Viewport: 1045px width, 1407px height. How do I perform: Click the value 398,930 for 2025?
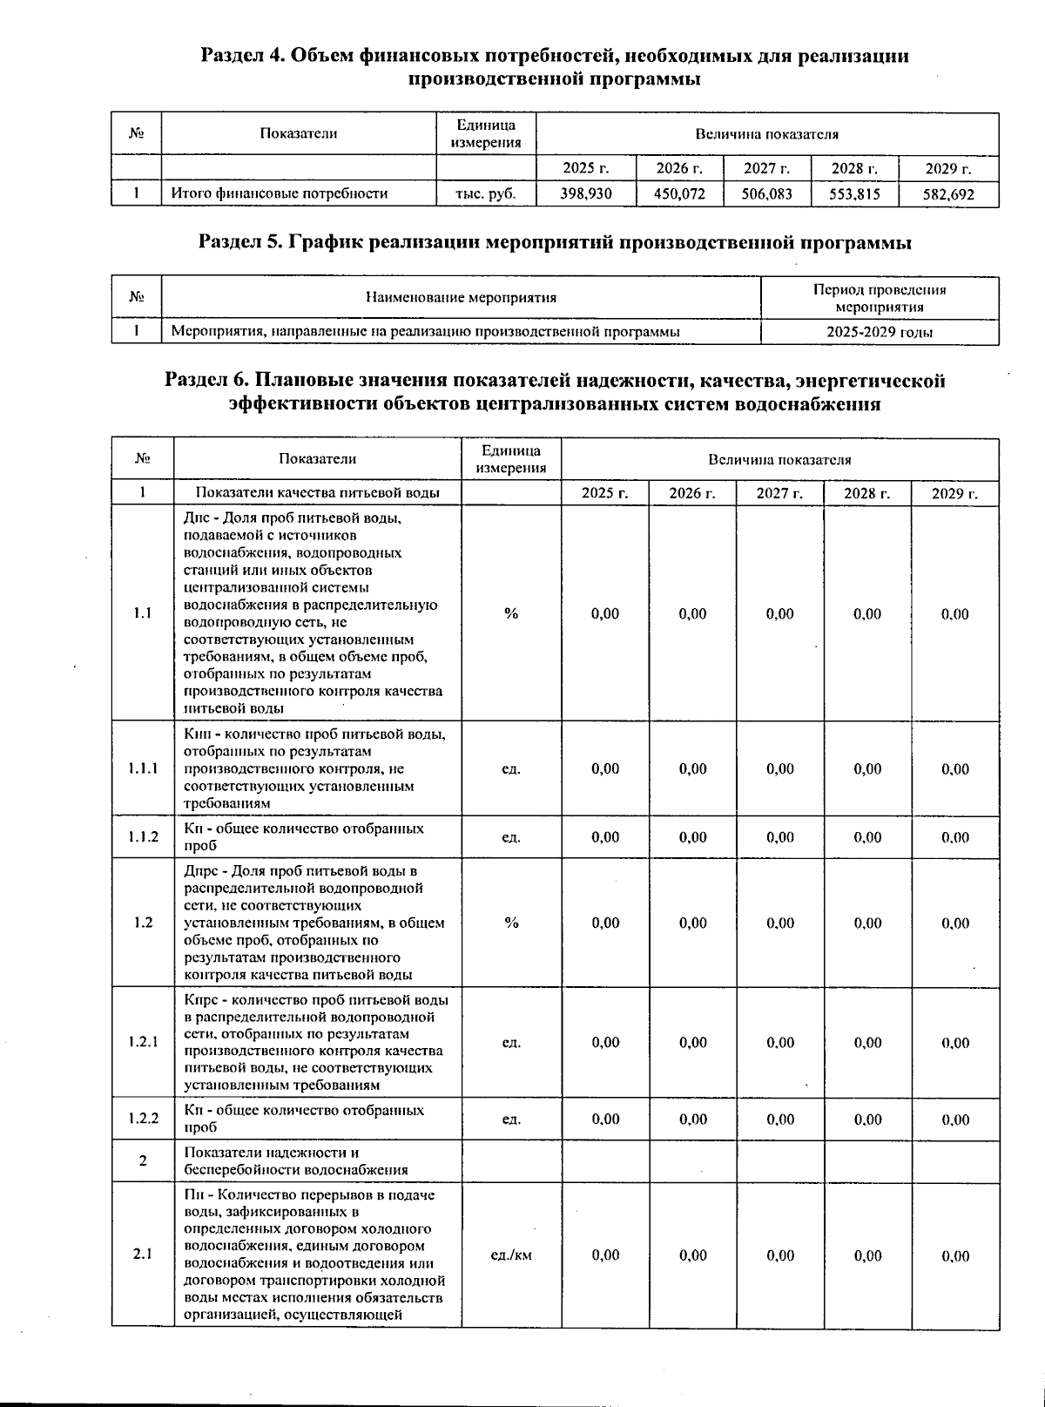[585, 193]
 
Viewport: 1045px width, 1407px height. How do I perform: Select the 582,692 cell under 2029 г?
[948, 194]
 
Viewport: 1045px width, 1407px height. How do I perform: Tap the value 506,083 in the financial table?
[766, 193]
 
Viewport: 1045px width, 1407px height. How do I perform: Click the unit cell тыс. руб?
[485, 193]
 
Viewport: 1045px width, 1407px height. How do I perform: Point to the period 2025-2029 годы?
[880, 332]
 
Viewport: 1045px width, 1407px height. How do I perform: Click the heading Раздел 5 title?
[555, 243]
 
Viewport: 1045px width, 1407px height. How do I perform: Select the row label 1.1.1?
[143, 768]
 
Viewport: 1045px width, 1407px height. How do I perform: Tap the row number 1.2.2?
[143, 1119]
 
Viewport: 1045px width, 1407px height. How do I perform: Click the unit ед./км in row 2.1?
[511, 1255]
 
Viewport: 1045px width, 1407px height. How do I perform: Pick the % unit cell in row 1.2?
[511, 923]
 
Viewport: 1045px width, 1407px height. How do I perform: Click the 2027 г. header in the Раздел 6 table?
[779, 493]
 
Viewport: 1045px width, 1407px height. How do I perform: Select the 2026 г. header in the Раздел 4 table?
[679, 168]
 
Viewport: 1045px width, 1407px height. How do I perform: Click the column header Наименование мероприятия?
[461, 298]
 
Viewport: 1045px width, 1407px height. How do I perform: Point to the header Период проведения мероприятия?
[880, 298]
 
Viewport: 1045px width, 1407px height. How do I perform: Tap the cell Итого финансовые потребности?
[279, 193]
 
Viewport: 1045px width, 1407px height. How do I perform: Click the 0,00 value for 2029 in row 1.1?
[954, 614]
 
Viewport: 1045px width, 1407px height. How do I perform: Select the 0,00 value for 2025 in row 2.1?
[605, 1255]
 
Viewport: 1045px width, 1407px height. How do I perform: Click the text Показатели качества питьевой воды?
[317, 493]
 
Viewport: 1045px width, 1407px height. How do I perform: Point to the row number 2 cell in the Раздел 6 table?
[143, 1160]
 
